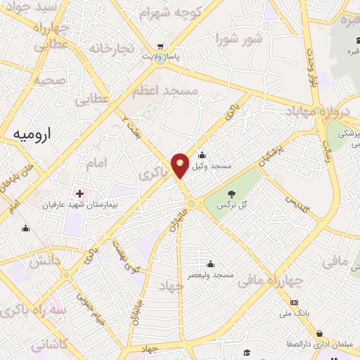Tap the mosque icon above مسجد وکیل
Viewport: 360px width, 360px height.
(202, 155)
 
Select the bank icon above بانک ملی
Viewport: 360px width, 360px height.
(294, 302)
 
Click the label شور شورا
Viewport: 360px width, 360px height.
(239, 38)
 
